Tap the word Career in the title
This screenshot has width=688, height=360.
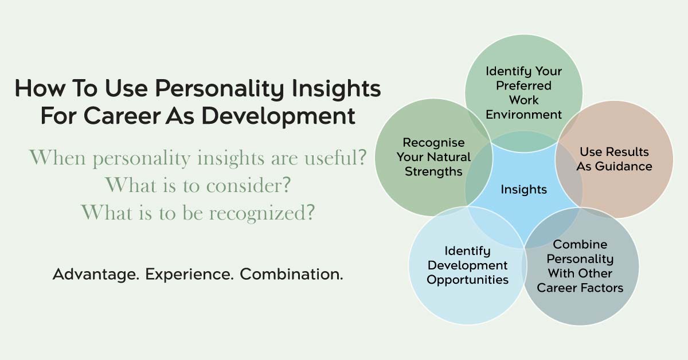(x=122, y=116)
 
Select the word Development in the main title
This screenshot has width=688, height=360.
(x=278, y=117)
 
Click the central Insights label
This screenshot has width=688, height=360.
(x=523, y=189)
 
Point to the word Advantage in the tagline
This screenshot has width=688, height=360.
(x=96, y=275)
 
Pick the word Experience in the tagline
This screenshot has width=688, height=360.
(x=189, y=275)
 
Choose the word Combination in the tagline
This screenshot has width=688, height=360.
(x=291, y=274)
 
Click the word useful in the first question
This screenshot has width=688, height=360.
(x=335, y=157)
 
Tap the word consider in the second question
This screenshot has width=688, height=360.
(x=248, y=185)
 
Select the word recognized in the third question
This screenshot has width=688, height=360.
(x=261, y=213)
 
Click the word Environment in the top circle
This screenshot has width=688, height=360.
(x=523, y=115)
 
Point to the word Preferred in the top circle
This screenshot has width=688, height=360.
(x=523, y=85)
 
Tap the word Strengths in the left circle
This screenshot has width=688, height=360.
(x=433, y=171)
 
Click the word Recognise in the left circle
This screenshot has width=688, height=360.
(x=433, y=143)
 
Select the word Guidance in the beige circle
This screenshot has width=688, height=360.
(x=623, y=166)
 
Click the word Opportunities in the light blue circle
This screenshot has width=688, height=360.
(x=467, y=280)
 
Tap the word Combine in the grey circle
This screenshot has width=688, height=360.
(x=580, y=244)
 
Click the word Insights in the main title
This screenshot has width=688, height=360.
(x=337, y=89)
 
